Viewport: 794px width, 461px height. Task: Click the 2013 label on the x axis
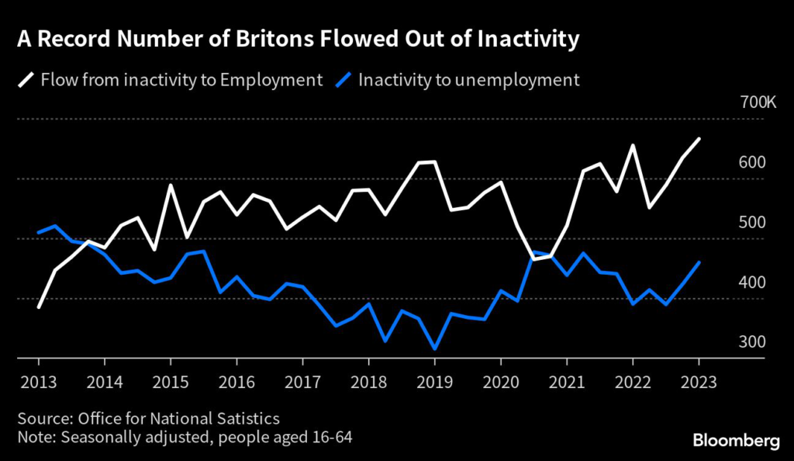(39, 382)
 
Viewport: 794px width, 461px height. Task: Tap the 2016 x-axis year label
(236, 382)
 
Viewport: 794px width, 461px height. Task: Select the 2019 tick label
(434, 382)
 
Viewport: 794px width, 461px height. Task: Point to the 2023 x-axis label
(699, 382)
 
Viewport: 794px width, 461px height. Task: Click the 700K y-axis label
(758, 102)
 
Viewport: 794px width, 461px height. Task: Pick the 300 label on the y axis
(752, 342)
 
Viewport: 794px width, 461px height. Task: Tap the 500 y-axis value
(752, 223)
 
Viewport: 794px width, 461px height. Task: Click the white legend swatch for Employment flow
(26, 80)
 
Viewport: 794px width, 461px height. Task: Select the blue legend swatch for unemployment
(343, 80)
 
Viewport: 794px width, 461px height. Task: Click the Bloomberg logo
(737, 440)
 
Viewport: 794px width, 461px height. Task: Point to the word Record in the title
(74, 39)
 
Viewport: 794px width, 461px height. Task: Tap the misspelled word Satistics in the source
(248, 418)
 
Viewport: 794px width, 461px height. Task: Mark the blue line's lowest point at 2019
(434, 348)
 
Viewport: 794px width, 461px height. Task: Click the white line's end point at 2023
(699, 139)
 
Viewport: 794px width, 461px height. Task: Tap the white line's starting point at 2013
(39, 307)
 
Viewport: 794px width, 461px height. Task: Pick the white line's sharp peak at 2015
(171, 185)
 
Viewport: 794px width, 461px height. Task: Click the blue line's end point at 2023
(699, 262)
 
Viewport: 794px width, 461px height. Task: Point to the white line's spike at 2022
(633, 145)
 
